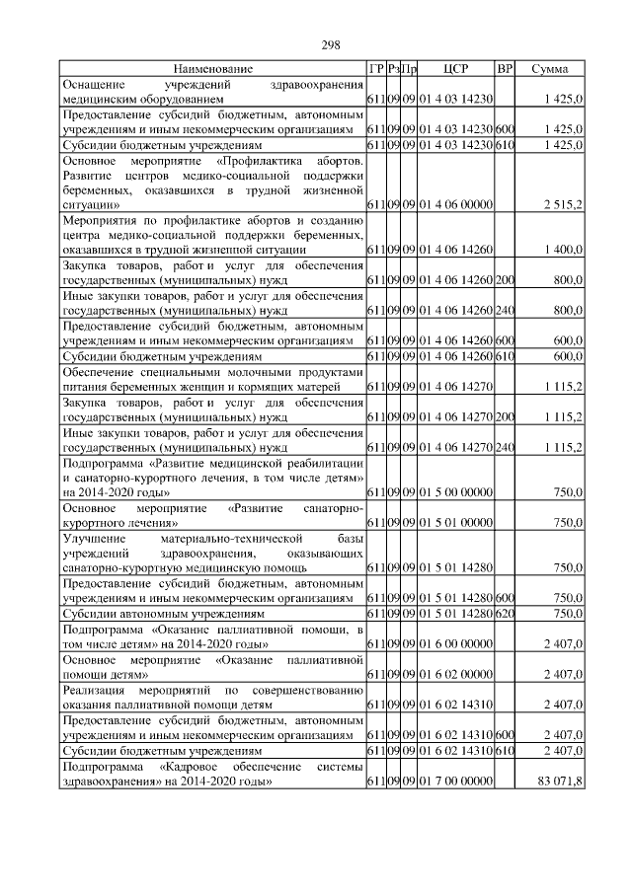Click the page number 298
tap(331, 44)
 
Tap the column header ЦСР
tap(455, 69)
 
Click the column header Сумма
tap(549, 69)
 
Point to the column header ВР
tap(505, 69)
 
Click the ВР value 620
tap(505, 614)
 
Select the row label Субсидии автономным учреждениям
tap(163, 614)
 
